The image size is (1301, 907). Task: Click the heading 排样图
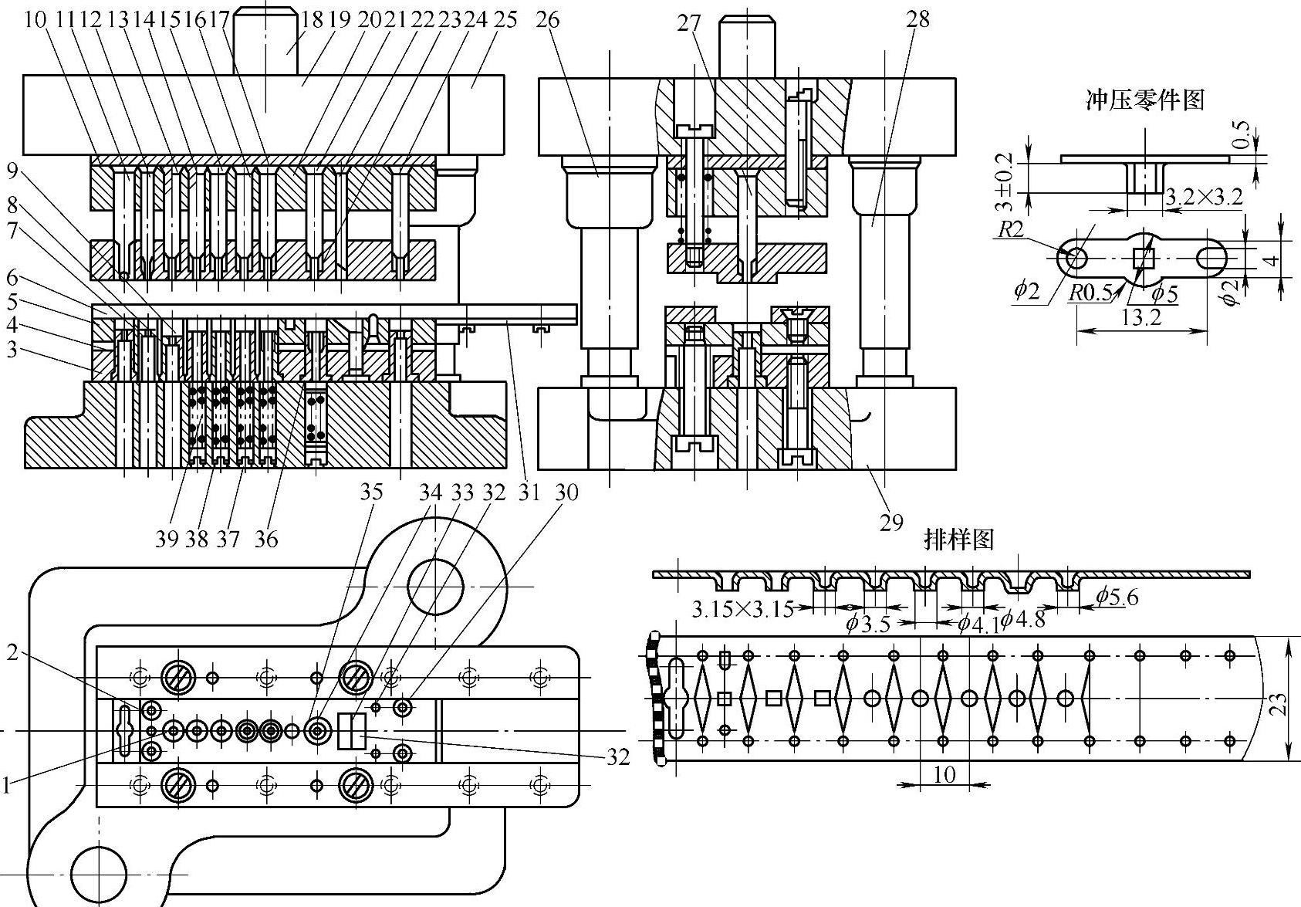(958, 540)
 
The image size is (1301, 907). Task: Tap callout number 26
(546, 20)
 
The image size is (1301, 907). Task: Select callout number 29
(891, 523)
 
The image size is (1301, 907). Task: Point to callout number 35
(371, 492)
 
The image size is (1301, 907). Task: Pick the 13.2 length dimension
(1141, 318)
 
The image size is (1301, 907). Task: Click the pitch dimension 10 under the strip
(944, 774)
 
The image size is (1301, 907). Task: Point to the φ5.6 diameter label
(1117, 596)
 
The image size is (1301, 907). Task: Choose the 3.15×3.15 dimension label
(742, 609)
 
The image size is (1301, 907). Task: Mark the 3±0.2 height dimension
(1004, 181)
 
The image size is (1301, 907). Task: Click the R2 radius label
(1010, 230)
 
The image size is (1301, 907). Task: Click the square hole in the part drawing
(1143, 256)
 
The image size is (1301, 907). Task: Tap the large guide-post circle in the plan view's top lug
(436, 587)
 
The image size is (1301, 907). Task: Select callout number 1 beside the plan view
(6, 786)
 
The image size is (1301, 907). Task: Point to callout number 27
(689, 24)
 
